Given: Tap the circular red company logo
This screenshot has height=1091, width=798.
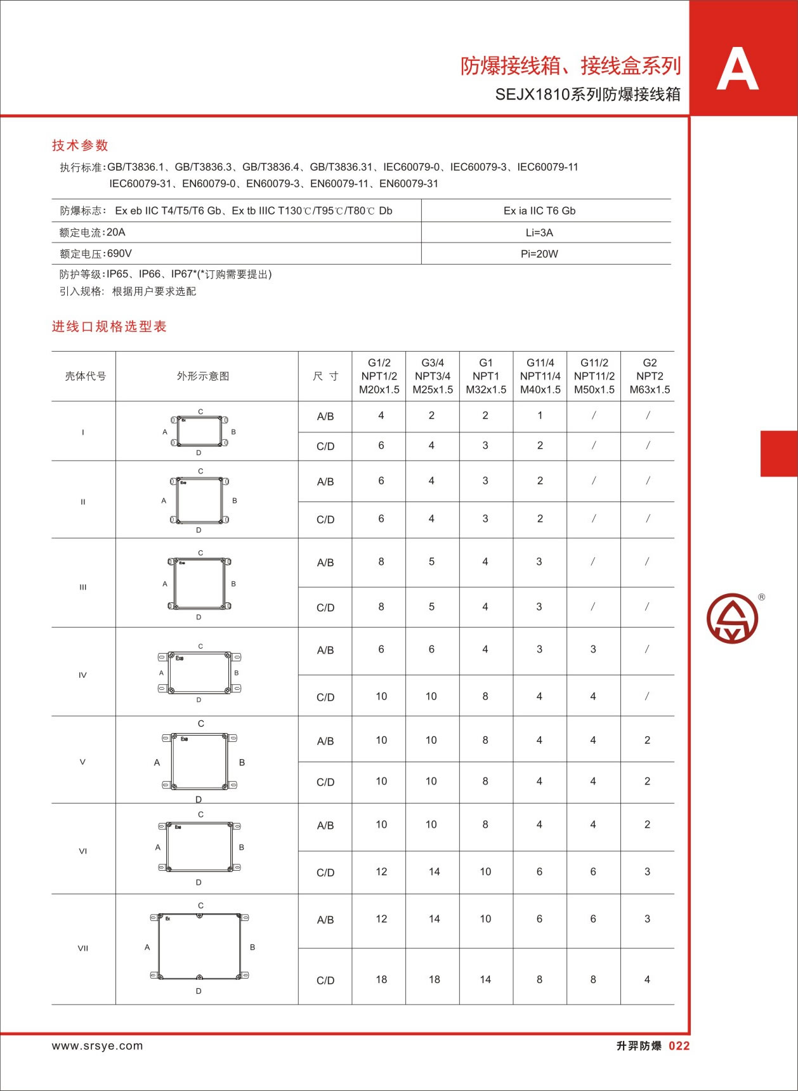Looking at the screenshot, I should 733,618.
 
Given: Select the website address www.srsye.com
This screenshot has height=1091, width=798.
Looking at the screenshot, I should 97,1046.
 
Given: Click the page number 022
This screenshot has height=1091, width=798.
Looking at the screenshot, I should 679,1046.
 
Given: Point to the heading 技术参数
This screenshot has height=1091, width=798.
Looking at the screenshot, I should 80,145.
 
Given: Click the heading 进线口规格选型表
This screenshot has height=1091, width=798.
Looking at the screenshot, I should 109,327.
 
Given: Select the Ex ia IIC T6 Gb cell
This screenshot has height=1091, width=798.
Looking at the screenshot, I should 539,211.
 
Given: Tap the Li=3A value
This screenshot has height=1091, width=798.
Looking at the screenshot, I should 539,233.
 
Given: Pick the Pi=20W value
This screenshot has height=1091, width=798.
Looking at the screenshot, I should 539,254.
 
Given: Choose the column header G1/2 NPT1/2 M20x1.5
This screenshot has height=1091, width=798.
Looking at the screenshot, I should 379,376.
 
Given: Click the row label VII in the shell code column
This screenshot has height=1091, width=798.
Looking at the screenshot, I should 82,948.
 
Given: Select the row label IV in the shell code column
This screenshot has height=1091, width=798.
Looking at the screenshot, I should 82,675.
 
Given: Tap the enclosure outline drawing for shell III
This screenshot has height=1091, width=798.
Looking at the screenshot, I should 199,585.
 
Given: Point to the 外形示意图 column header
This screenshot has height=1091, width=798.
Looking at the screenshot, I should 203,376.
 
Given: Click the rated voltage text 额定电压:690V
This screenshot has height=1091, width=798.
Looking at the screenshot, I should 96,254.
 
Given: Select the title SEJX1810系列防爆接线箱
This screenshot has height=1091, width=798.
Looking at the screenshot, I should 587,95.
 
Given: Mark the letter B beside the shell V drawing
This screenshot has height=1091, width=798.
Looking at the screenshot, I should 242,762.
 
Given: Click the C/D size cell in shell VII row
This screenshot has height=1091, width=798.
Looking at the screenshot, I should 325,980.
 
